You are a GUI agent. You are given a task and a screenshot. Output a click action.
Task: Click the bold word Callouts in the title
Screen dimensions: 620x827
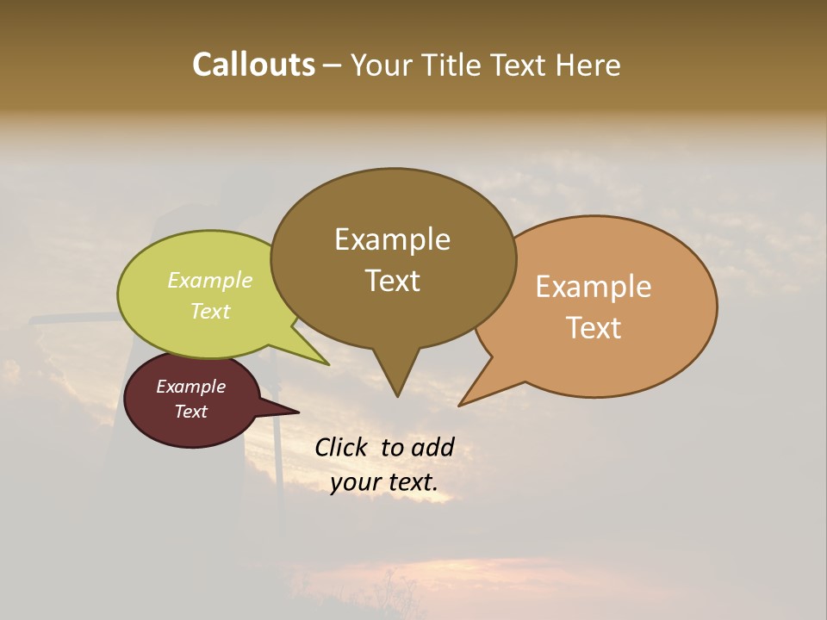(x=253, y=65)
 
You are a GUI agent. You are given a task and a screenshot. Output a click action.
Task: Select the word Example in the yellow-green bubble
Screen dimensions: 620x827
(x=210, y=280)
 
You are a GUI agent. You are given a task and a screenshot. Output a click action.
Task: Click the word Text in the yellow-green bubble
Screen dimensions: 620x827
(x=210, y=311)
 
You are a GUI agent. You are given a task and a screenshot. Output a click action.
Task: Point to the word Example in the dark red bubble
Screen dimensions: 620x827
(x=190, y=387)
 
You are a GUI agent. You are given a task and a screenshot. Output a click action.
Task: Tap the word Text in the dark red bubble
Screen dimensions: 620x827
(x=190, y=412)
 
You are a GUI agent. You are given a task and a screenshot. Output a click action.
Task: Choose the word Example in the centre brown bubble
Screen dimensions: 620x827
(x=392, y=239)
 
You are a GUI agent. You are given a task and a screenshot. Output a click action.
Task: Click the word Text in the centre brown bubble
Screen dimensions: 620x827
(x=392, y=281)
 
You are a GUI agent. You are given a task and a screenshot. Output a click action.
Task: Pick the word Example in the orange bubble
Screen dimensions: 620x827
(x=594, y=287)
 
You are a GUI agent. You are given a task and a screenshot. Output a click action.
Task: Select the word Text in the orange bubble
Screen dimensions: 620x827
(x=594, y=328)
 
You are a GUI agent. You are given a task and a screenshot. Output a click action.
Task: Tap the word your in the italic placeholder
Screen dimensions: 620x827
(x=355, y=482)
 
